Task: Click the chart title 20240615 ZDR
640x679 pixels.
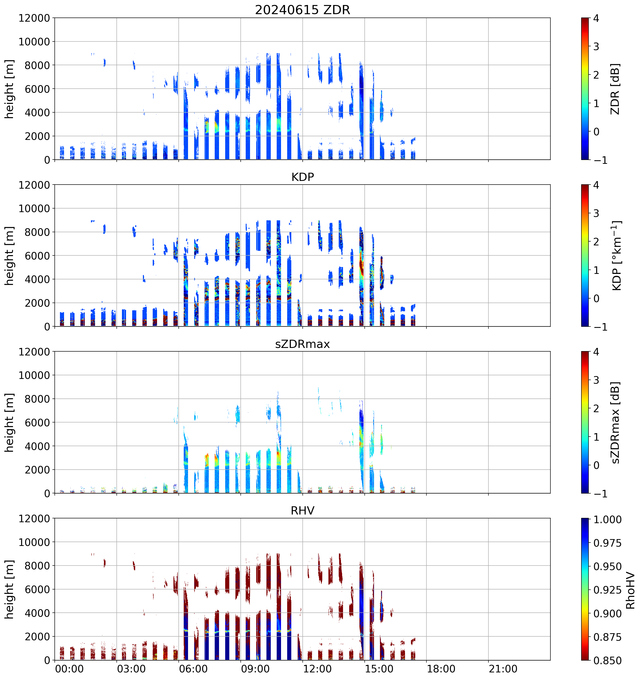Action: tap(302, 10)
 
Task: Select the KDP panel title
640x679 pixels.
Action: tap(302, 177)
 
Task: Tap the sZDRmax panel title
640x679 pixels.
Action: tap(302, 344)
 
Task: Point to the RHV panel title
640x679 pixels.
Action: tap(302, 511)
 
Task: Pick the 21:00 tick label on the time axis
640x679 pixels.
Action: tap(503, 669)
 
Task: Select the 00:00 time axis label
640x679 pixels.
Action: tap(69, 669)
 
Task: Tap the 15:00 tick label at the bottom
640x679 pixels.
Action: tap(379, 669)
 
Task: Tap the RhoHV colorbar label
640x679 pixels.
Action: tap(630, 591)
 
